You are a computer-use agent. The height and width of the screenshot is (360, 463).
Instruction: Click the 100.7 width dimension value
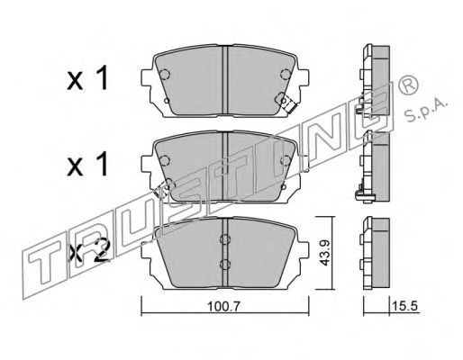223,307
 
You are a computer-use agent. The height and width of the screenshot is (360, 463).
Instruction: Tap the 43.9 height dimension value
324,253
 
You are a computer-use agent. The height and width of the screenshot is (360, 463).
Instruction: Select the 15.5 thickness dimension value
404,307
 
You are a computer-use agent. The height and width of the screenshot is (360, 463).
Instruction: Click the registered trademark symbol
408,85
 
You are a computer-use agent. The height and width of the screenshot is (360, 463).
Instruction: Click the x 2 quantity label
88,254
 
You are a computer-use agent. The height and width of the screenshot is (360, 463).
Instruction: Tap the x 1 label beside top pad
87,78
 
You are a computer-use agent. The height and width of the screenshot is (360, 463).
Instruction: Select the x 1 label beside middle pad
87,164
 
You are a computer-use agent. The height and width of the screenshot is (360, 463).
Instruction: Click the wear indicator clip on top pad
289,105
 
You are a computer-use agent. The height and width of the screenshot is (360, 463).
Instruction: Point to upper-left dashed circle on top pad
164,74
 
